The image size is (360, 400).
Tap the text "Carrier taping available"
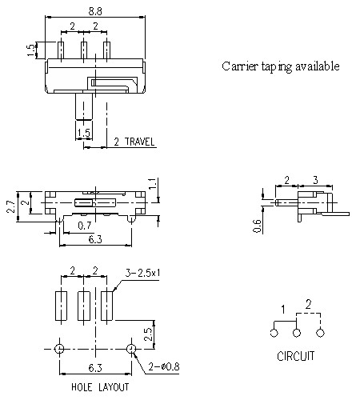280,66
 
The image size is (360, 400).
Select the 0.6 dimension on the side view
258,226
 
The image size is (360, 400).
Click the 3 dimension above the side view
315,180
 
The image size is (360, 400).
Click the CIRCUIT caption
296,356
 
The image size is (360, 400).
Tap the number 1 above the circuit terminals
282,309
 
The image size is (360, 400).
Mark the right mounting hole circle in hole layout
131,349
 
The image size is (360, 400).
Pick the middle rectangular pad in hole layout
83,306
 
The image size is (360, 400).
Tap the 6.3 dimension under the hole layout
95,369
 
